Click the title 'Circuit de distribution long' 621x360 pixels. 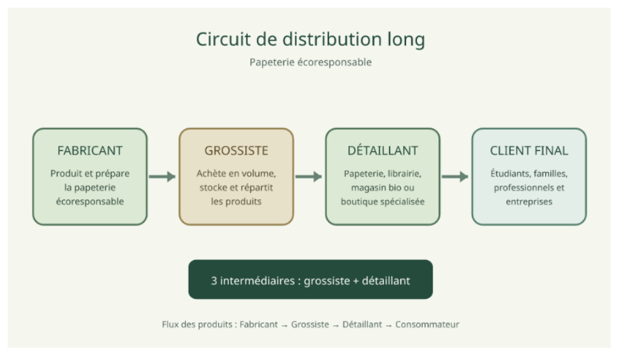310,40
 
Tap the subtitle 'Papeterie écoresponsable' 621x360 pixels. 310,62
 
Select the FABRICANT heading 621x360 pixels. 90,151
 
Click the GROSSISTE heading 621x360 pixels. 237,151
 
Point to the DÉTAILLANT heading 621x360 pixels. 383,150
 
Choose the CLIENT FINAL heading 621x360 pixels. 529,151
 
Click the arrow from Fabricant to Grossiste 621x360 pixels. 163,176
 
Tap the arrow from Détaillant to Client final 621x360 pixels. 455,176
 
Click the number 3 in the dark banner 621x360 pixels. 214,281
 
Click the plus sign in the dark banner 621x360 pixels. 356,281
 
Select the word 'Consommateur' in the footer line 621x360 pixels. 427,324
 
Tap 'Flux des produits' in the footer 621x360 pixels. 197,324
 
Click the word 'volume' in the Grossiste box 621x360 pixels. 260,174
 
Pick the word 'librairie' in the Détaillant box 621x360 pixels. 404,174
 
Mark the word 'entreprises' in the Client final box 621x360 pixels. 529,202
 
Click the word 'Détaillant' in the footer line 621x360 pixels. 362,324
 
